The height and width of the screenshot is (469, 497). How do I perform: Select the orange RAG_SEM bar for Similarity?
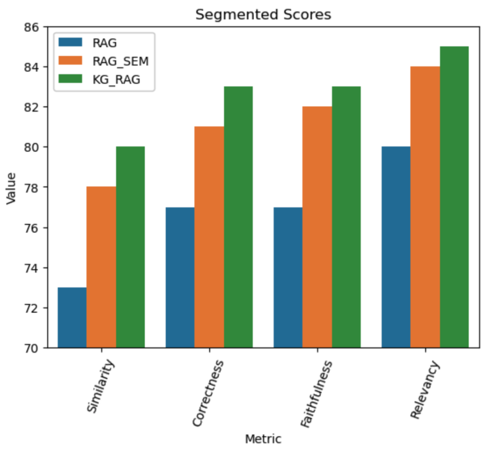(x=101, y=267)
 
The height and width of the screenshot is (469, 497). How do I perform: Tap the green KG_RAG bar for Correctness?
(x=238, y=217)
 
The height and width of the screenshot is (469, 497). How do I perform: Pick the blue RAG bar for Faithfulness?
(x=288, y=277)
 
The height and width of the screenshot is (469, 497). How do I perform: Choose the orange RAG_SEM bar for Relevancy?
(x=425, y=207)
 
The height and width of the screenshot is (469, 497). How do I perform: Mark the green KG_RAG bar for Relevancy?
(x=454, y=197)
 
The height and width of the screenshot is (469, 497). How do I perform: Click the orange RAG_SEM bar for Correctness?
(x=209, y=237)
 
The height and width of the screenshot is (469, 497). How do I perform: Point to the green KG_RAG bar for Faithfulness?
(x=346, y=217)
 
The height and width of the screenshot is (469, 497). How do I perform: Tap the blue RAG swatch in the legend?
(x=69, y=43)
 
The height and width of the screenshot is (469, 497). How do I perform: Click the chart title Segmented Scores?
(x=263, y=15)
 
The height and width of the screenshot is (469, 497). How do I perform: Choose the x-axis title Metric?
(x=263, y=439)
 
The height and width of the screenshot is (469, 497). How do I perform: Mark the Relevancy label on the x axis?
(x=425, y=391)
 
